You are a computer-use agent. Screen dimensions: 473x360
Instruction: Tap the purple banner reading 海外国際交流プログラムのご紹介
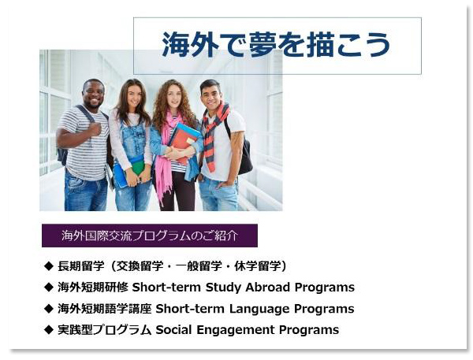pyautogui.click(x=150, y=236)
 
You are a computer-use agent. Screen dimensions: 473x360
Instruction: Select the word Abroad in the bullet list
pyautogui.click(x=268, y=288)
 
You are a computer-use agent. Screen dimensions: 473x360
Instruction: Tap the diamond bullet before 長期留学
pyautogui.click(x=48, y=266)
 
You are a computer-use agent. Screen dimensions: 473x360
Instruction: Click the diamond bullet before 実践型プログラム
pyautogui.click(x=48, y=330)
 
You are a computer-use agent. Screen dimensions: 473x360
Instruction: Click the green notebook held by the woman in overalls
pyautogui.click(x=138, y=168)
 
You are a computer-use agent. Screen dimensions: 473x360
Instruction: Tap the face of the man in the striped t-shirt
pyautogui.click(x=94, y=94)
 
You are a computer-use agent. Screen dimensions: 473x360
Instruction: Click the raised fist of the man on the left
pyautogui.click(x=95, y=129)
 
